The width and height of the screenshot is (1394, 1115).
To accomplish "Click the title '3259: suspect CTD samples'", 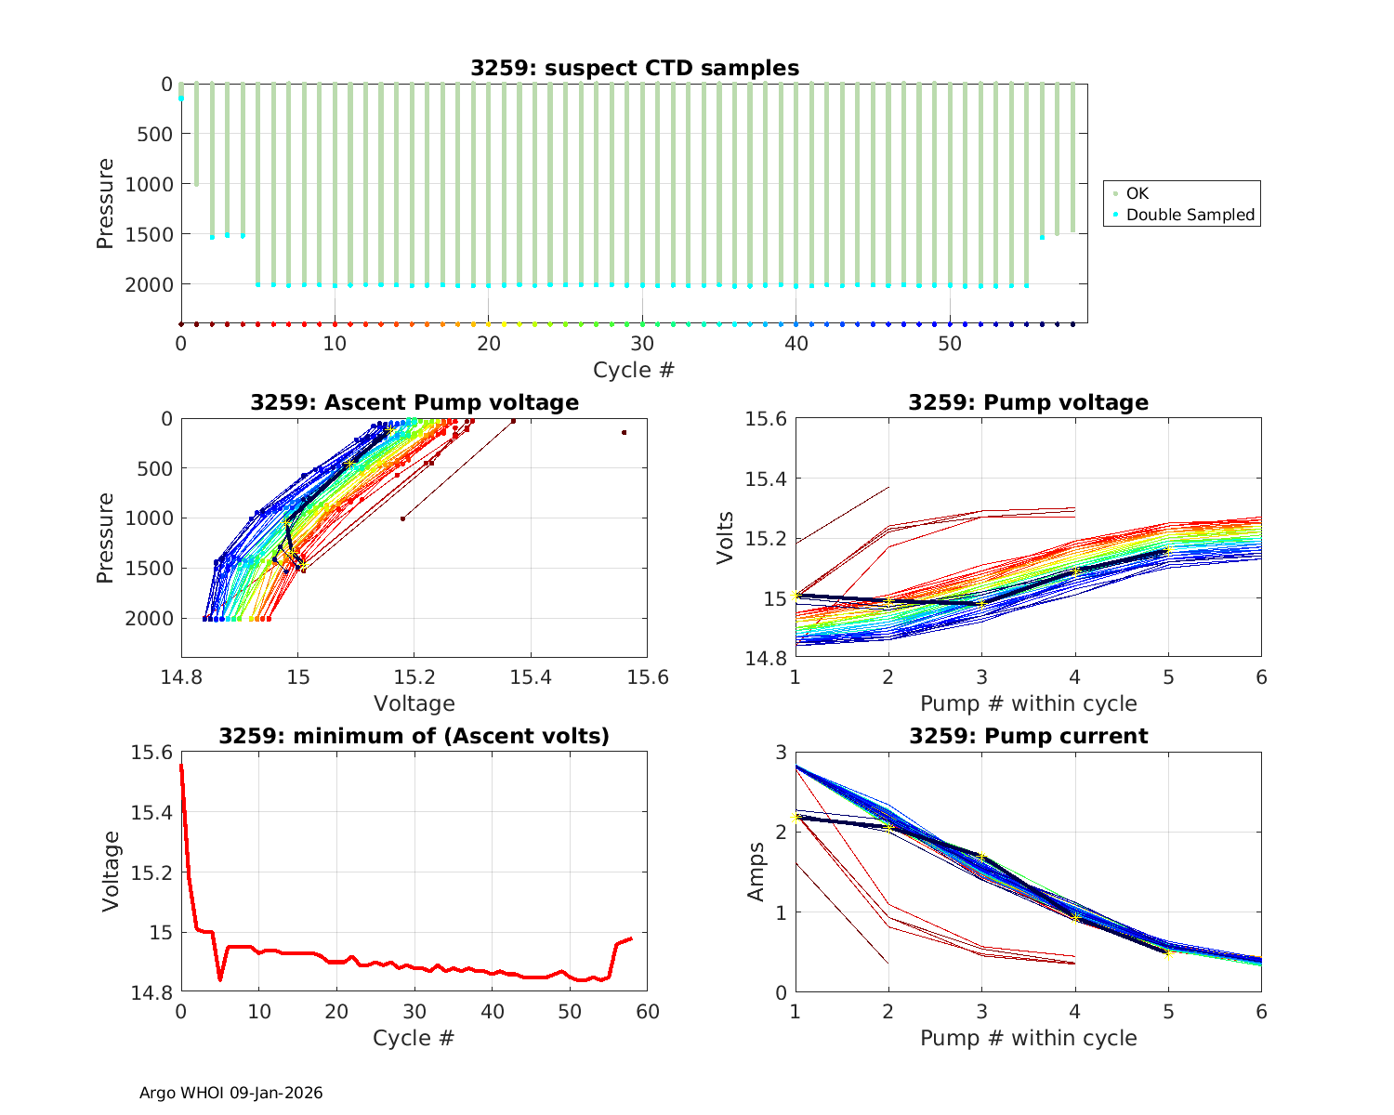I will pyautogui.click(x=635, y=68).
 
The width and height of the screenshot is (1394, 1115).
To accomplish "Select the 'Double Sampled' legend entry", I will pyautogui.click(x=1190, y=215).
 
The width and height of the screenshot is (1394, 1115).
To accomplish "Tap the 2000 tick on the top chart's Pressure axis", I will pyautogui.click(x=149, y=284).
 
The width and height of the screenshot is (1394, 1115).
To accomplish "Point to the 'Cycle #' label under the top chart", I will pyautogui.click(x=634, y=370).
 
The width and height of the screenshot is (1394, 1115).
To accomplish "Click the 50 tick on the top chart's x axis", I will pyautogui.click(x=950, y=343).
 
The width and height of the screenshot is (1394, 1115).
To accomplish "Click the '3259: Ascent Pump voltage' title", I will pyautogui.click(x=414, y=402).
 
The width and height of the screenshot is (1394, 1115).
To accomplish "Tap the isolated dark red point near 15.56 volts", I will pyautogui.click(x=624, y=432).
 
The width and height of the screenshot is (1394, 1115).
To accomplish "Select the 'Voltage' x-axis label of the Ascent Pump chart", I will pyautogui.click(x=414, y=703).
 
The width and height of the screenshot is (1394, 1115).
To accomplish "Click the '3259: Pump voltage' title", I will pyautogui.click(x=1028, y=402).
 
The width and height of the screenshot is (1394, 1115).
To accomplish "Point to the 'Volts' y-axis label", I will pyautogui.click(x=726, y=538).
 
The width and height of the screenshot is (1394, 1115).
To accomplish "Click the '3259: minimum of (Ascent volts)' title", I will pyautogui.click(x=414, y=736).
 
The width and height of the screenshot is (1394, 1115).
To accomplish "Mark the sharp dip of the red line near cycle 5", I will pyautogui.click(x=220, y=979).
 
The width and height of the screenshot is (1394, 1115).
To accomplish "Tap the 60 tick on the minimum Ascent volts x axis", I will pyautogui.click(x=648, y=1012).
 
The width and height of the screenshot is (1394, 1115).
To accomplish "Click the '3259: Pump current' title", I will pyautogui.click(x=1028, y=736).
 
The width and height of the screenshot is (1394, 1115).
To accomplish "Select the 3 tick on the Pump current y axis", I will pyautogui.click(x=780, y=753).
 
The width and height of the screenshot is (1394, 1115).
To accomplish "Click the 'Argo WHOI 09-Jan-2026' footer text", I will pyautogui.click(x=231, y=1093).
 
